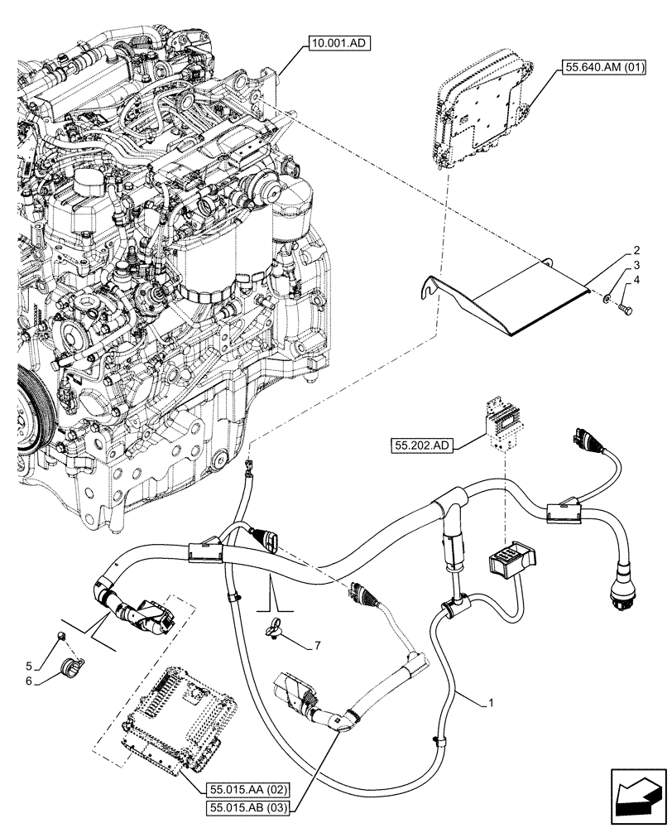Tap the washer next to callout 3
[x=609, y=296]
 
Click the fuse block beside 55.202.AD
[x=503, y=425]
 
